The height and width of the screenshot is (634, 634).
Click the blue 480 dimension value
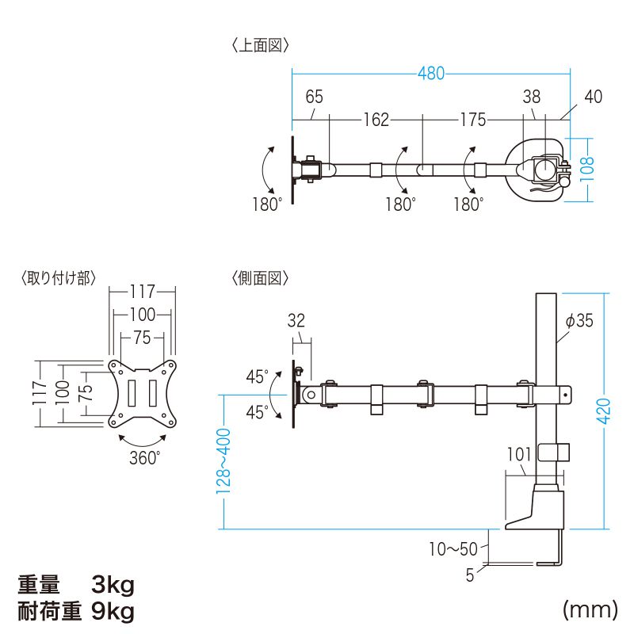(x=431, y=74)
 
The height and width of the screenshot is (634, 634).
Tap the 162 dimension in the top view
(x=376, y=120)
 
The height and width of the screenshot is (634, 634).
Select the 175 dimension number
(x=473, y=120)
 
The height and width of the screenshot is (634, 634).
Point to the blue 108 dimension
(x=587, y=169)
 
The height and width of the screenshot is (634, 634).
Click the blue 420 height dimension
(x=604, y=411)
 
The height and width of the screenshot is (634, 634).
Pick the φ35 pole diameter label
(x=579, y=321)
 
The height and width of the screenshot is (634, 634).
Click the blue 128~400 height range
(x=223, y=461)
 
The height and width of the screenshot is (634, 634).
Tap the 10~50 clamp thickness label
(x=453, y=548)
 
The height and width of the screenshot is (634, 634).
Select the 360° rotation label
(x=145, y=458)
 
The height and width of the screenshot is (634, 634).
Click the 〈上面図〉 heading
(x=261, y=45)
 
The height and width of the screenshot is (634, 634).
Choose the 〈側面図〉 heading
(x=261, y=278)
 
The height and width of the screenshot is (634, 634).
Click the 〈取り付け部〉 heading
(x=59, y=278)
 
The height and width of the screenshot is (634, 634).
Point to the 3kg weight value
(x=113, y=585)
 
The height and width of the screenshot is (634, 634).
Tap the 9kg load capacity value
(x=113, y=611)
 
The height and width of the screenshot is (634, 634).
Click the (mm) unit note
(x=590, y=609)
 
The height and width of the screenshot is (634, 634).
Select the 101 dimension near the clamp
(x=519, y=454)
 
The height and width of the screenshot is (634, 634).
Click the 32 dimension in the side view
(x=296, y=321)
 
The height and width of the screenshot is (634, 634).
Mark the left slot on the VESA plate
(x=132, y=393)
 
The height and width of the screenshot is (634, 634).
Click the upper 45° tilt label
(x=257, y=377)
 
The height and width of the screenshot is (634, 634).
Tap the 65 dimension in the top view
(x=314, y=97)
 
